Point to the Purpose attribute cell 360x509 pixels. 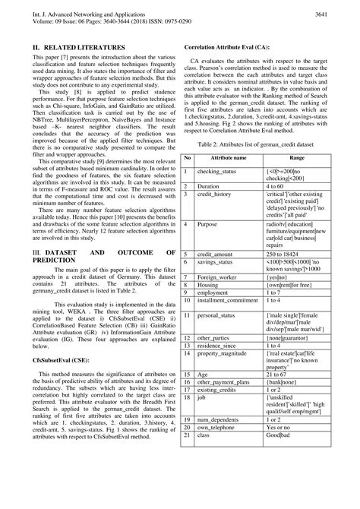pyautogui.click(x=210, y=204)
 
